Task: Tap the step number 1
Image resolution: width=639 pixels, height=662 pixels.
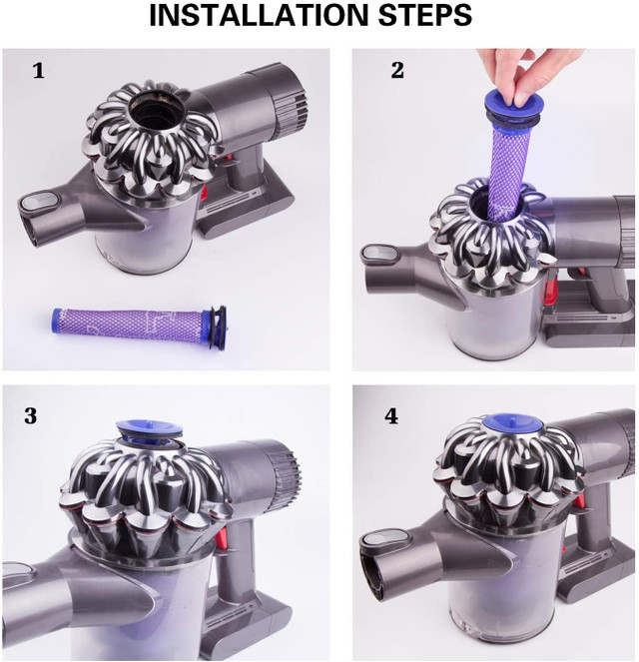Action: [x=38, y=71]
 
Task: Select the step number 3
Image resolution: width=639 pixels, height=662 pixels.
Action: [x=31, y=415]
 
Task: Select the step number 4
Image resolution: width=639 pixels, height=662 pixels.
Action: [x=391, y=415]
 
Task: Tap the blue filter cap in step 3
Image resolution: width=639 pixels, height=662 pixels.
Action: [x=145, y=430]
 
